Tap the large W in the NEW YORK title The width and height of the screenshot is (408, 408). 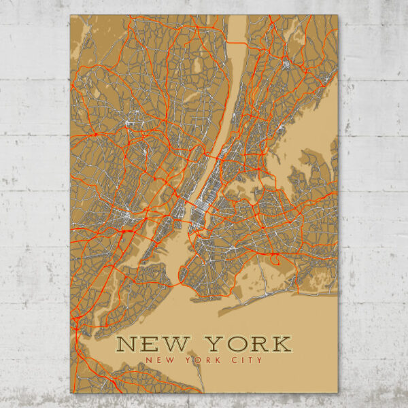(x=174, y=343)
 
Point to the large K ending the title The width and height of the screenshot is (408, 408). (x=280, y=343)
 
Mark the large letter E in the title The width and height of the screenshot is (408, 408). (x=150, y=343)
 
